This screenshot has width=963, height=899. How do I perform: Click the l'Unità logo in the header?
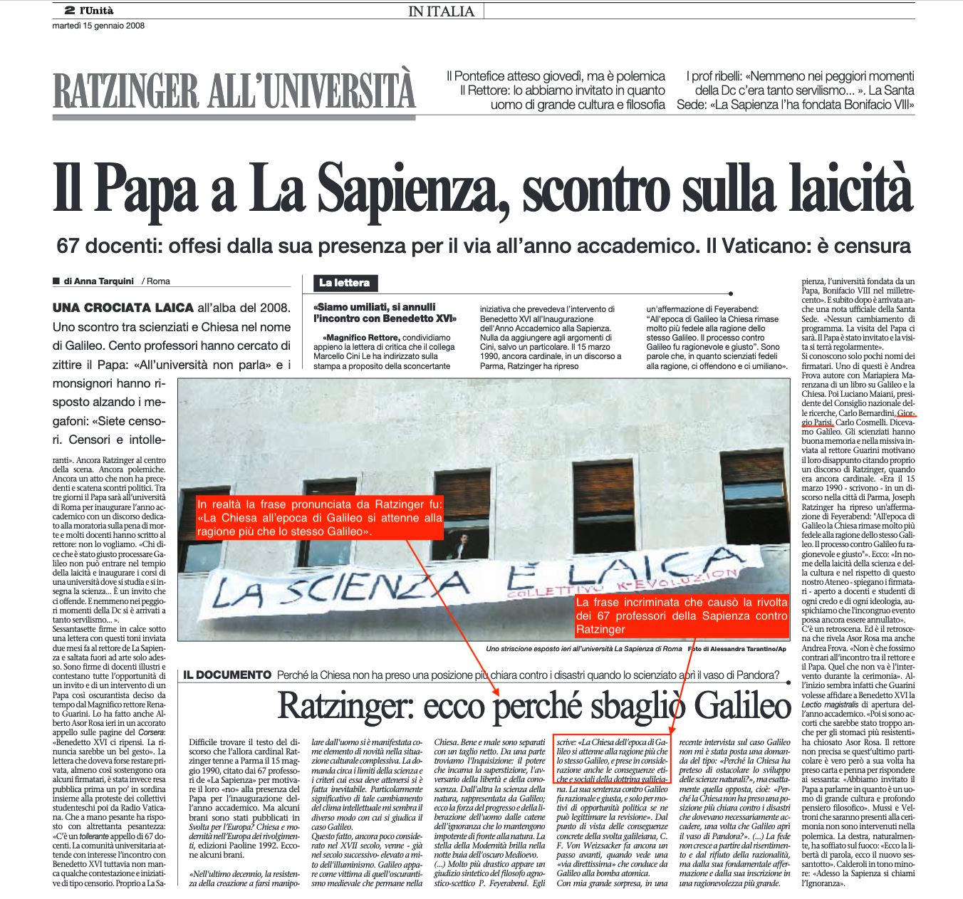pyautogui.click(x=96, y=11)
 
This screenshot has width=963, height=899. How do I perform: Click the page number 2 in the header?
pyautogui.click(x=69, y=11)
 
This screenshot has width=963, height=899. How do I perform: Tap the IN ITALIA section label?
pyautogui.click(x=442, y=11)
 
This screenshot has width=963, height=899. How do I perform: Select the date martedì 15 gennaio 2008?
pyautogui.click(x=98, y=26)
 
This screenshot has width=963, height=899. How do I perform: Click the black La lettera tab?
pyautogui.click(x=344, y=283)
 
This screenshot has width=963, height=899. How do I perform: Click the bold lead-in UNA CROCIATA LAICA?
pyautogui.click(x=123, y=308)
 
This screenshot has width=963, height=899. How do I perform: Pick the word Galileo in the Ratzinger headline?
pyautogui.click(x=742, y=706)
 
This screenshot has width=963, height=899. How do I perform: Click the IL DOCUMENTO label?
pyautogui.click(x=227, y=675)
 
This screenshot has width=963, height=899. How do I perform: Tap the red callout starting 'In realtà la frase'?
pyautogui.click(x=319, y=518)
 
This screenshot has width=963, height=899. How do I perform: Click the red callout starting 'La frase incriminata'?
pyautogui.click(x=682, y=615)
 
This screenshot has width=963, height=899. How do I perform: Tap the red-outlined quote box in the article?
pyautogui.click(x=612, y=759)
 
